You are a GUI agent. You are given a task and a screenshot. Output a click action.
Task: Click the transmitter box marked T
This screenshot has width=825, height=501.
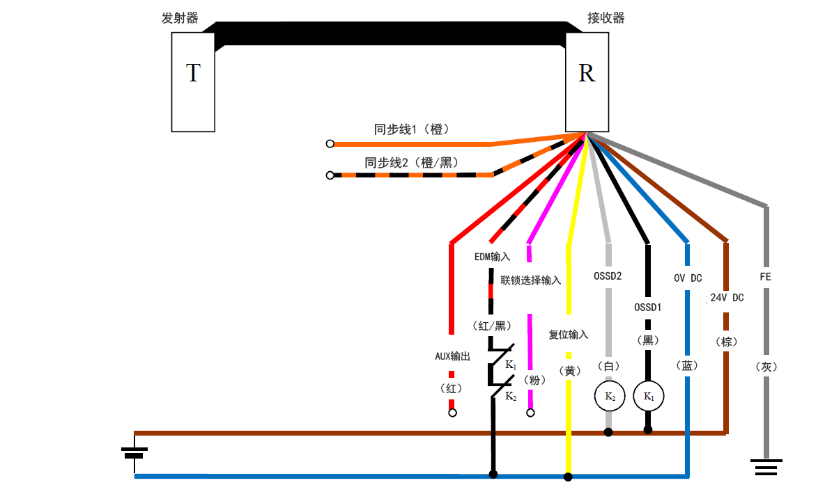(x=193, y=81)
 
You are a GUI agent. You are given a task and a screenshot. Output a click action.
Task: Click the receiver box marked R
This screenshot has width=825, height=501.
(x=587, y=81)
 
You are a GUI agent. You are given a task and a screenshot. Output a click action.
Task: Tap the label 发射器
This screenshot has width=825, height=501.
(x=180, y=19)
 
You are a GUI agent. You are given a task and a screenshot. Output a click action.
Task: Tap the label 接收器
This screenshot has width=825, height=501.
(x=606, y=19)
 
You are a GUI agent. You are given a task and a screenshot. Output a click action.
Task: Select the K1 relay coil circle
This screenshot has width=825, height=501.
(x=648, y=397)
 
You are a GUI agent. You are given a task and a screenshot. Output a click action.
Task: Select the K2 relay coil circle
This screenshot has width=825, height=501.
(x=609, y=397)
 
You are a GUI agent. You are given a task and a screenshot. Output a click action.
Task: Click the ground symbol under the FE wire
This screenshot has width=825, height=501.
(x=766, y=466)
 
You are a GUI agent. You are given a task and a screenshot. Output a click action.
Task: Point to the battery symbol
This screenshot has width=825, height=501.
(x=134, y=452)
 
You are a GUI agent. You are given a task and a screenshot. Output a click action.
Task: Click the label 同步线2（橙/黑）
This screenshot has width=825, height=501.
(x=411, y=163)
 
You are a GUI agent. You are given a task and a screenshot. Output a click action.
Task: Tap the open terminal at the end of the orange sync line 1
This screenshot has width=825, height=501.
(x=330, y=144)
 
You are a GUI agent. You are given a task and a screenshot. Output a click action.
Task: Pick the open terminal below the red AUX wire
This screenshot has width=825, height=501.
(x=452, y=413)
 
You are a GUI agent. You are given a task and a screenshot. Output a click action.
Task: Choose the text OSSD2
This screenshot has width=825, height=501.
(x=608, y=276)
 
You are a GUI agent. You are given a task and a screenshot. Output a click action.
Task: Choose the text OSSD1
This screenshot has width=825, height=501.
(x=648, y=306)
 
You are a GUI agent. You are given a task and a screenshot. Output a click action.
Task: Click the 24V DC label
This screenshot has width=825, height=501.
(x=726, y=298)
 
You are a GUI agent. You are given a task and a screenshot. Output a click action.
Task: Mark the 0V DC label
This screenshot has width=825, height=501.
(x=688, y=278)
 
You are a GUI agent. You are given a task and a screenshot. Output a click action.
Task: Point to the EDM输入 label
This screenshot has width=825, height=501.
(x=492, y=257)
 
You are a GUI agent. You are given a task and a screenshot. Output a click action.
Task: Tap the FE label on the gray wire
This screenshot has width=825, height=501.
(x=766, y=277)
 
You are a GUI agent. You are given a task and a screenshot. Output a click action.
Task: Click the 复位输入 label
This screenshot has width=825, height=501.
(x=569, y=335)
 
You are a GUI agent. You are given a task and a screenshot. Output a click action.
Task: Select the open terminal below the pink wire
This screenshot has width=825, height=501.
(x=530, y=413)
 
